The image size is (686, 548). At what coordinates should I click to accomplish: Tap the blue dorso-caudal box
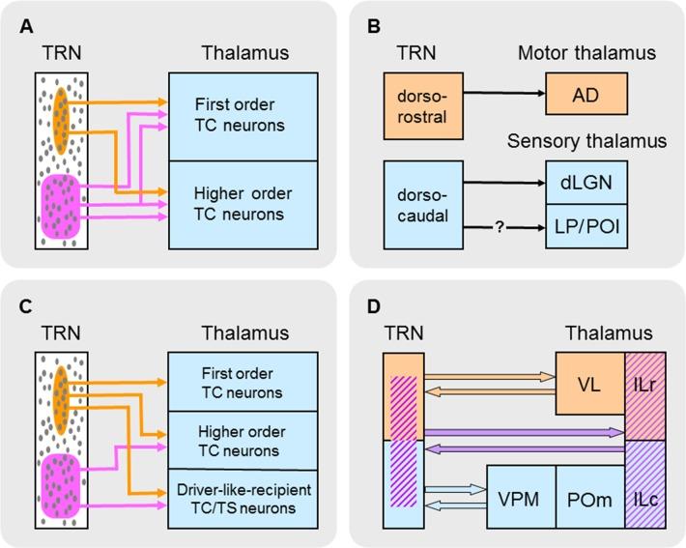(x=422, y=204)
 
